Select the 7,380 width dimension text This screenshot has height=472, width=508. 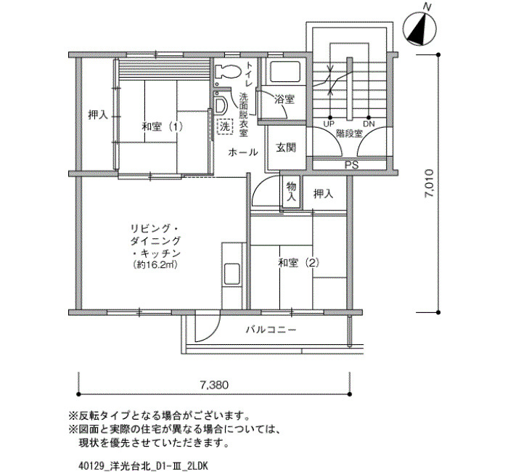214,385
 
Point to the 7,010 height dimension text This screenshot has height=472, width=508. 430,183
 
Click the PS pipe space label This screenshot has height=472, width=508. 351,165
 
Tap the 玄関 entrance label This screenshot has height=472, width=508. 286,147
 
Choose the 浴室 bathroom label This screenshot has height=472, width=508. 284,99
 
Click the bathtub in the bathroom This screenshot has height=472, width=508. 285,71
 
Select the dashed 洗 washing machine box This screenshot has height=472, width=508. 225,126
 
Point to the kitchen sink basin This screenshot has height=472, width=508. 232,275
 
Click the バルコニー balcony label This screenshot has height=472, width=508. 271,330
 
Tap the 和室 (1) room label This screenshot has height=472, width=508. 162,126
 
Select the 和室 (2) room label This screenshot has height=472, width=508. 299,263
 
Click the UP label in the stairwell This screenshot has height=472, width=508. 329,123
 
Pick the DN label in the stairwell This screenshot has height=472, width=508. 369,123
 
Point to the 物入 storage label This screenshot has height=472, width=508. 291,191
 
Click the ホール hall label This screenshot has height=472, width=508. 243,152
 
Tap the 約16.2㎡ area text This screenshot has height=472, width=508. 155,265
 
